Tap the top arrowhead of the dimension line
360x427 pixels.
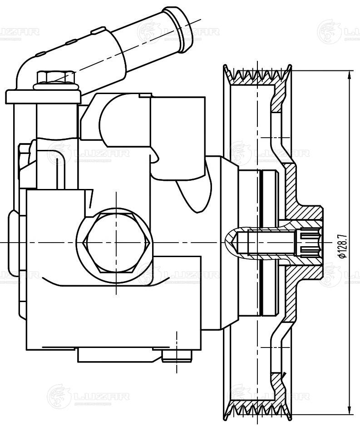pos(350,74)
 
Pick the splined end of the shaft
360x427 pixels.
pos(307,242)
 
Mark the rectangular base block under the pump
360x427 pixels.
pos(118,354)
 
